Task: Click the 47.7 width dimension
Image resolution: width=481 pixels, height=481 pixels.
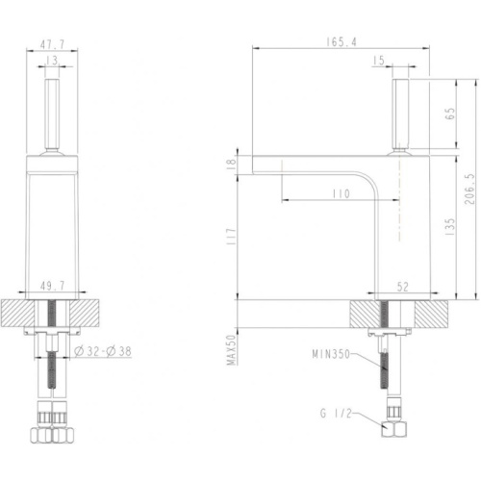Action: (52, 44)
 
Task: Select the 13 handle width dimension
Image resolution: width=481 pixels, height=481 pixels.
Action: (52, 61)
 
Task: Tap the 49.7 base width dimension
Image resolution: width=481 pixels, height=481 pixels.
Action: (52, 286)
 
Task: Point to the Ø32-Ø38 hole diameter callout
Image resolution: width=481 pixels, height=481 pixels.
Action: (103, 351)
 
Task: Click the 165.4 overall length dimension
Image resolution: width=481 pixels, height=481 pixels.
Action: (342, 42)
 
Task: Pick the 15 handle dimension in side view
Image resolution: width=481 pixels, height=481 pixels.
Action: (379, 61)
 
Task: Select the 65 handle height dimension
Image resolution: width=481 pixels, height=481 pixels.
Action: (450, 114)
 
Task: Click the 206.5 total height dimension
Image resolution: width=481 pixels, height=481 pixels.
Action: (469, 190)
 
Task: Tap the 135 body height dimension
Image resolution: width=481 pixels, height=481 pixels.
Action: (450, 227)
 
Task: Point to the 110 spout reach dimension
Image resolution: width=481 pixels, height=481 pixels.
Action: (341, 193)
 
